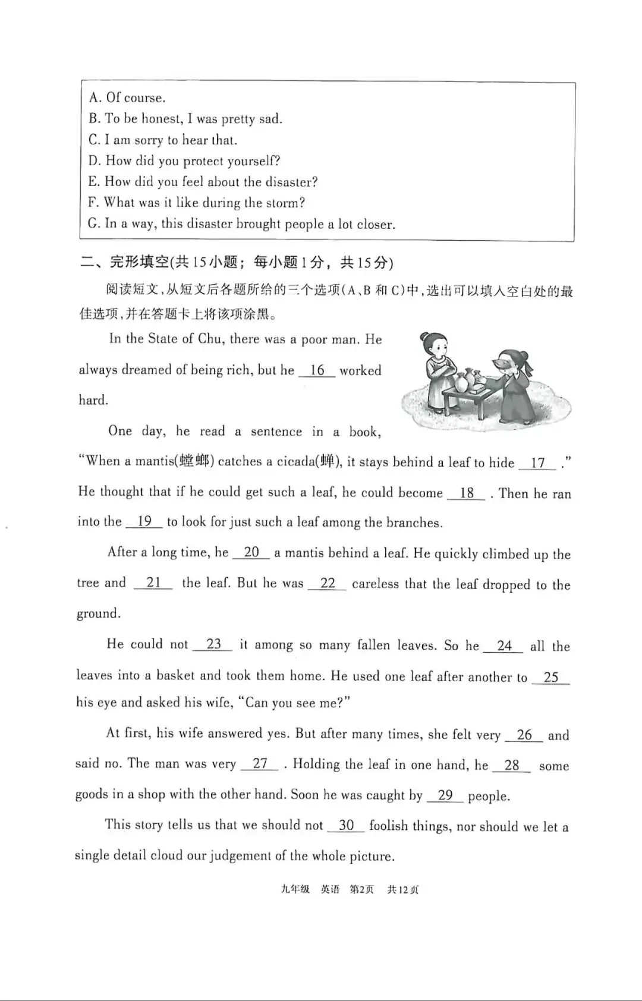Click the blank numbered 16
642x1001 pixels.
pos(317,370)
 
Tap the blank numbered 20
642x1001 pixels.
pos(251,552)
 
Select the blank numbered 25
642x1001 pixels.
pos(550,677)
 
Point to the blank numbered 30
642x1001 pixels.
pos(346,825)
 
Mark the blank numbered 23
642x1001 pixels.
pos(213,644)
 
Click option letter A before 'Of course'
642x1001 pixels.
pos(94,97)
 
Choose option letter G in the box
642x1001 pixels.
pos(93,224)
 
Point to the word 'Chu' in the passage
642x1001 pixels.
pos(209,339)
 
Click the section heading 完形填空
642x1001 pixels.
pos(140,262)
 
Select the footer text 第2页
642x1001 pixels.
pos(361,889)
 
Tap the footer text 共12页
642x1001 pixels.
pos(402,889)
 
